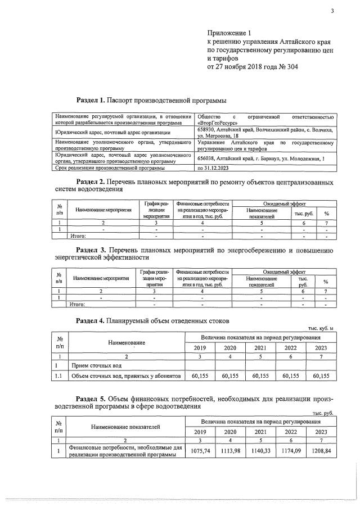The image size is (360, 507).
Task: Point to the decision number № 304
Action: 287,66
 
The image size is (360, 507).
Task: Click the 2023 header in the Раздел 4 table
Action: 321,347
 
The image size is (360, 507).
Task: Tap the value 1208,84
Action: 321,451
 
